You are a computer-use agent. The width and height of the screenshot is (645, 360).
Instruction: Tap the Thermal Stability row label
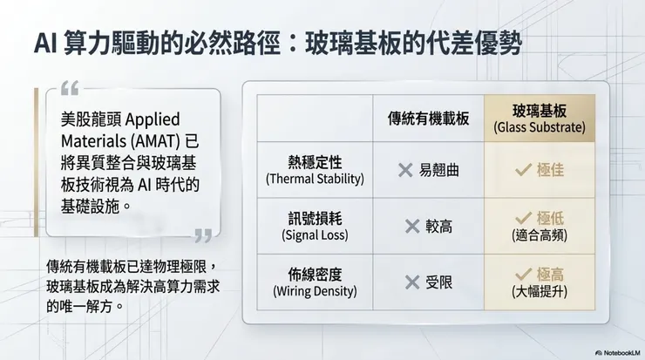(x=314, y=169)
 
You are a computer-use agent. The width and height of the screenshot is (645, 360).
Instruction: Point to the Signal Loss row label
(x=314, y=226)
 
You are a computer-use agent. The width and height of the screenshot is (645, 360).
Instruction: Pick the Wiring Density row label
(x=314, y=282)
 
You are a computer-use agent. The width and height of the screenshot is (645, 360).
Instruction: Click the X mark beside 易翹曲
(x=405, y=170)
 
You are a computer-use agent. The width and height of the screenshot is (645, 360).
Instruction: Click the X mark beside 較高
(x=412, y=227)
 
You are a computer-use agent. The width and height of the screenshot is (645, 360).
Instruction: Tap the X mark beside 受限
(x=412, y=282)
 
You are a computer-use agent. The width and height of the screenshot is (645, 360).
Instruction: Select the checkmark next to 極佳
(x=523, y=170)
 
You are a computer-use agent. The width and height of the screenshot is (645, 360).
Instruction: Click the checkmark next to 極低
(x=523, y=217)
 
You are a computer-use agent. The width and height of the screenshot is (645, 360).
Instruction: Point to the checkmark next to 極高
(x=523, y=274)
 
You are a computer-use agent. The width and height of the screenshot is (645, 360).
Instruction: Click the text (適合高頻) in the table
(x=539, y=235)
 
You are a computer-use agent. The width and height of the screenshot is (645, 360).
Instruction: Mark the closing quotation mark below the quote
(x=203, y=234)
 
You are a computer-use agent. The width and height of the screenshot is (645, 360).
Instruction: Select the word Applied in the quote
(x=157, y=118)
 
